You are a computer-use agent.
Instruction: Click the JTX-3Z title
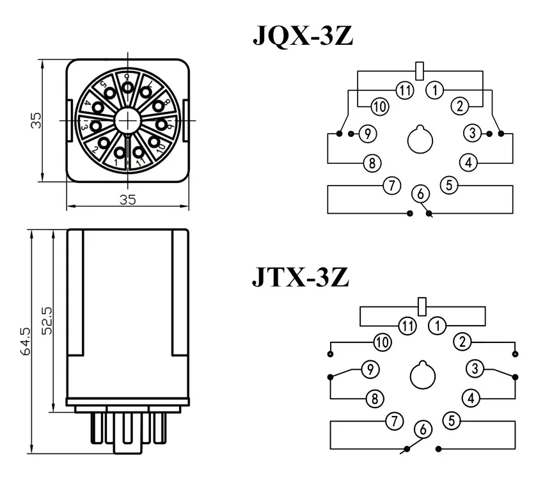299,278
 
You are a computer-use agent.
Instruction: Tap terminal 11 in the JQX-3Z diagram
404,90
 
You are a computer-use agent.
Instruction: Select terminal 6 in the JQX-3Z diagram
420,193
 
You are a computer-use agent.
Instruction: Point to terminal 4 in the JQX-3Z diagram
469,163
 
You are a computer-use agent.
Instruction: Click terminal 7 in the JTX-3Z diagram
395,421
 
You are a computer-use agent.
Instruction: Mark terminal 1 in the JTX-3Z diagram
438,326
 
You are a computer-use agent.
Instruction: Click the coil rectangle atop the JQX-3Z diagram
420,70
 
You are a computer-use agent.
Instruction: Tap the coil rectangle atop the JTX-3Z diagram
422,306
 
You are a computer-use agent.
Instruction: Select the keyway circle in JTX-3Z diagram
422,375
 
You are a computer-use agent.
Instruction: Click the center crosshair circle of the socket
128,120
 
